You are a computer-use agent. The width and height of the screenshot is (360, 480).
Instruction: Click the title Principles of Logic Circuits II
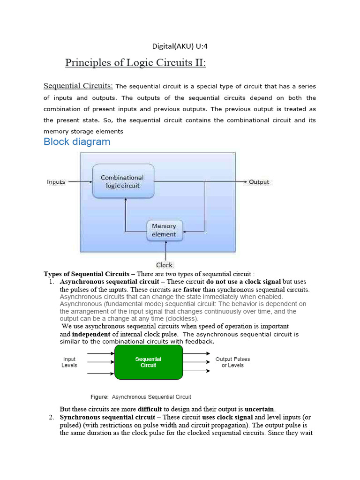pyautogui.click(x=135, y=63)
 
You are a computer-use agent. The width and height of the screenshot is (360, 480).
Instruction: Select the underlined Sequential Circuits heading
pyautogui.click(x=78, y=86)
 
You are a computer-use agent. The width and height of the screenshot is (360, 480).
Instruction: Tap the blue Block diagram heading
pyautogui.click(x=77, y=142)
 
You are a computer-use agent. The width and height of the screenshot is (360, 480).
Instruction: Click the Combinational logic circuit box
pyautogui.click(x=123, y=181)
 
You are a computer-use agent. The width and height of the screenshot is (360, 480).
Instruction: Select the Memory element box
pyautogui.click(x=164, y=230)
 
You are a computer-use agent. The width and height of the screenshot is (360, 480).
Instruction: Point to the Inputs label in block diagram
pyautogui.click(x=56, y=181)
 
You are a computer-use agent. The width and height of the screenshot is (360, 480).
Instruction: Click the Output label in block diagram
pyautogui.click(x=259, y=182)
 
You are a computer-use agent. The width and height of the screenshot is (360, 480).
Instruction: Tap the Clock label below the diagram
pyautogui.click(x=165, y=265)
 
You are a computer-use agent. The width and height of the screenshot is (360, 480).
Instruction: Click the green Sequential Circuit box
pyautogui.click(x=149, y=362)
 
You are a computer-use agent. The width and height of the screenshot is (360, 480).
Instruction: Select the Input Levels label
pyautogui.click(x=69, y=362)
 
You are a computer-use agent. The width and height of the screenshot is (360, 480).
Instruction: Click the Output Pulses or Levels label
pyautogui.click(x=232, y=362)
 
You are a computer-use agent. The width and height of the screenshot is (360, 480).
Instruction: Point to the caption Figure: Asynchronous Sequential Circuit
pyautogui.click(x=141, y=397)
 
